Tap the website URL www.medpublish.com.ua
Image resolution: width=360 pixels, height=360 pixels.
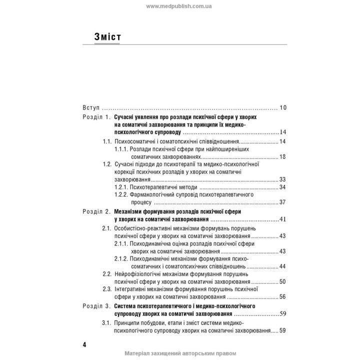[180, 6]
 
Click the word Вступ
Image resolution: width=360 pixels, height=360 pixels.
[91, 107]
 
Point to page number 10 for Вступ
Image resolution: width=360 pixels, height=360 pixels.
[282, 107]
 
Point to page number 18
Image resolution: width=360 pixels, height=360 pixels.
[282, 157]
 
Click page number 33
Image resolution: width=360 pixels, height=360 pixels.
[282, 179]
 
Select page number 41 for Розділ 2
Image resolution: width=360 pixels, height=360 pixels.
[282, 219]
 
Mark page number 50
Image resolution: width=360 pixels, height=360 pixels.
[282, 281]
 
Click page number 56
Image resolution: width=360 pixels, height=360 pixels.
[282, 296]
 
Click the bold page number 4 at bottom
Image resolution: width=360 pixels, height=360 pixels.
[84, 345]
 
